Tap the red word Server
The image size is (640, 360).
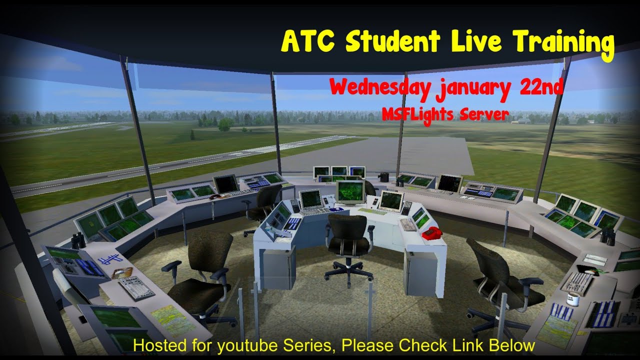coord(484,114)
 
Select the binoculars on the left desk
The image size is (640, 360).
coord(77,241)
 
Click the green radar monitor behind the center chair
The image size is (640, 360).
coord(349,191)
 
